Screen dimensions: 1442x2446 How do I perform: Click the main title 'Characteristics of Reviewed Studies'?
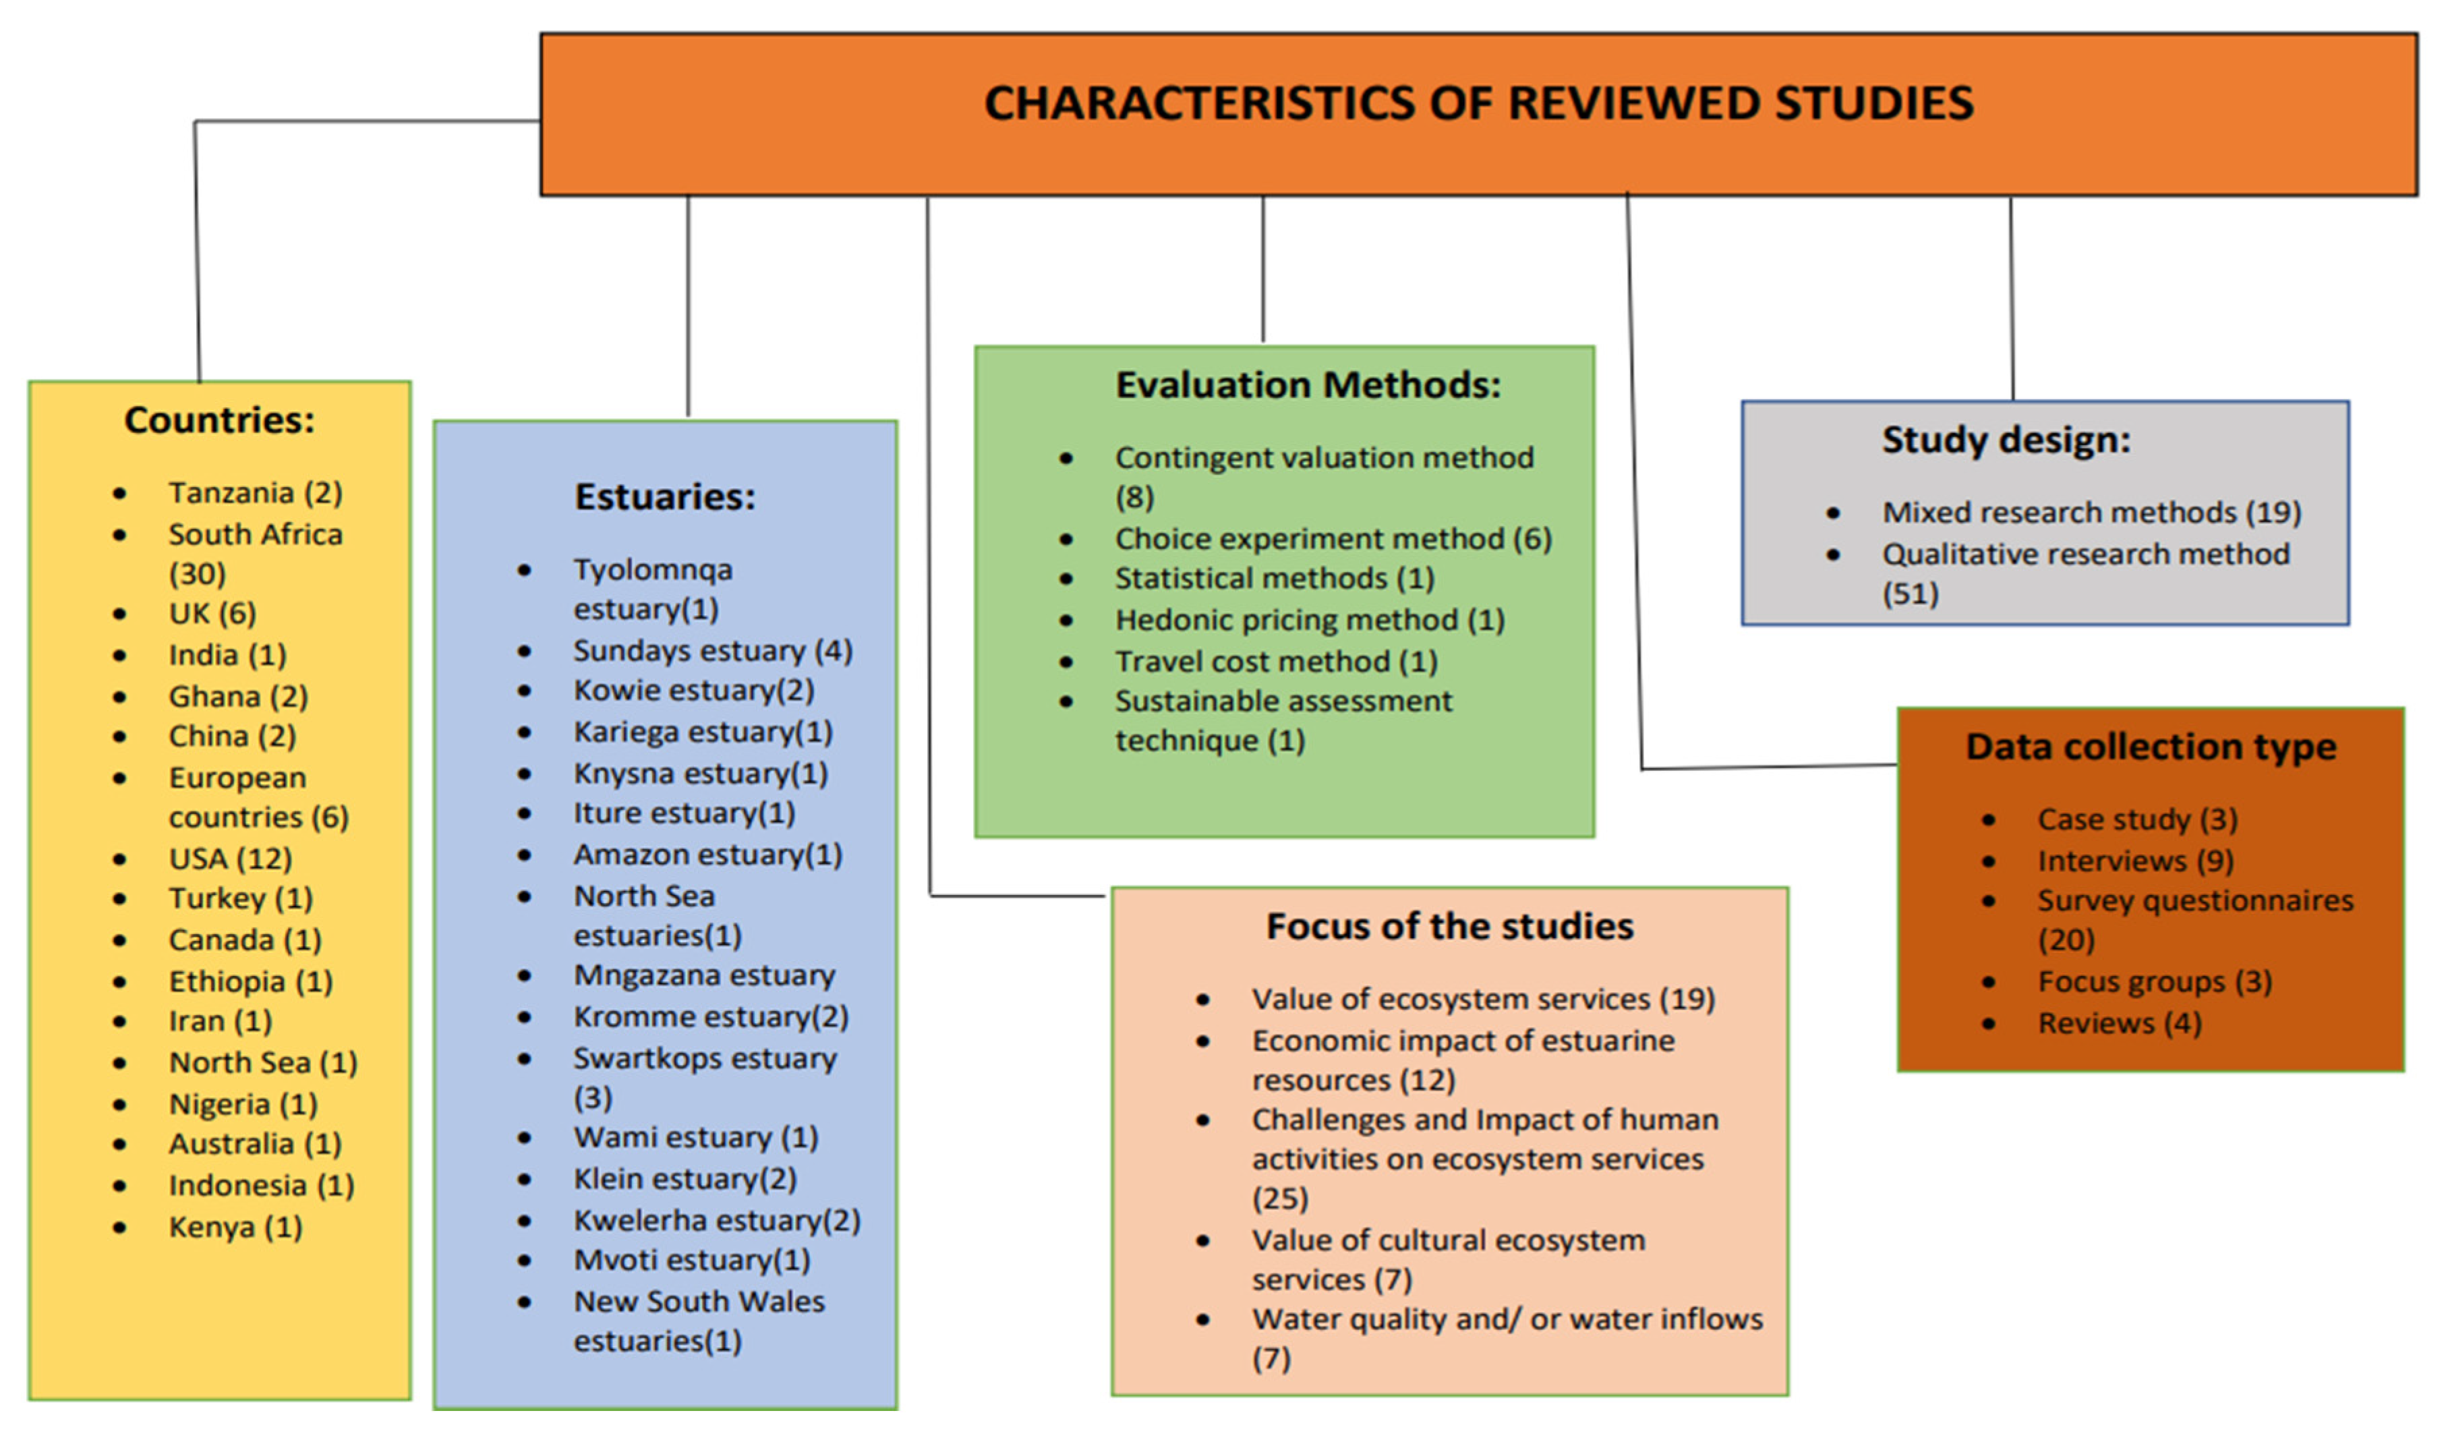[1478, 104]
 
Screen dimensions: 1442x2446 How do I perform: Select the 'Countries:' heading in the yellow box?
[220, 420]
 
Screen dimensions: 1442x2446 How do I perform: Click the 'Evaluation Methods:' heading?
[1308, 385]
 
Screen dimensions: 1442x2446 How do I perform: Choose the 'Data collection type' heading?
[2151, 746]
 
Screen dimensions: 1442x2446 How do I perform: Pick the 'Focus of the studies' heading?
[1449, 926]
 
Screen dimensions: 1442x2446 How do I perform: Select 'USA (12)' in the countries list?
[230, 859]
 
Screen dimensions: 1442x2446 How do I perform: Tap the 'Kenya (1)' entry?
[235, 1228]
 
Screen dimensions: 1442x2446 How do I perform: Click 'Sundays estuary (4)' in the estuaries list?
[712, 650]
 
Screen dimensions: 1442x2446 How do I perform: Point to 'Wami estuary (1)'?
[695, 1137]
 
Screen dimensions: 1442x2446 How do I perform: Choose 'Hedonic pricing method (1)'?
[1310, 620]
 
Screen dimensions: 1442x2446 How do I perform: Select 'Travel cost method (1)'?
[1275, 662]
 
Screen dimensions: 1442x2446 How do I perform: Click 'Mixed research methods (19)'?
[2091, 512]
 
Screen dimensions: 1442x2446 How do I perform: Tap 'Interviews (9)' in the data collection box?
[2135, 861]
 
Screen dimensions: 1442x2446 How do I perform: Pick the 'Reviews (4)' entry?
[2119, 1023]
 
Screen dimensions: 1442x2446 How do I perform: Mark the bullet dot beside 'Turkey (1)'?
[119, 900]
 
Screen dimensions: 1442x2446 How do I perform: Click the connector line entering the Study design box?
[2011, 301]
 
